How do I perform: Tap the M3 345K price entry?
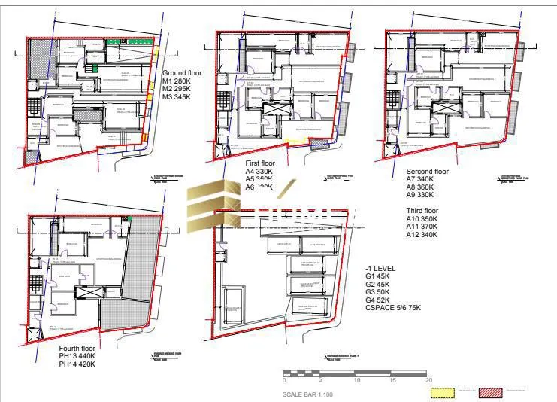(177, 97)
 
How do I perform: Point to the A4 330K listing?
(259, 172)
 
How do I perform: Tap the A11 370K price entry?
(422, 227)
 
